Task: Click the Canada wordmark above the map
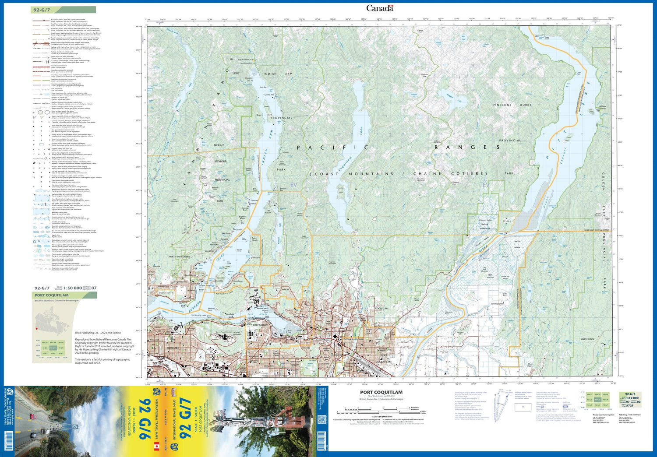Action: click(x=380, y=8)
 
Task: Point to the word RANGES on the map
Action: click(x=467, y=148)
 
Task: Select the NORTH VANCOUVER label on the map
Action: click(x=179, y=257)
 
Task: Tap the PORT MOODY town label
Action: click(x=260, y=325)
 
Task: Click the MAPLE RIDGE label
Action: click(x=587, y=339)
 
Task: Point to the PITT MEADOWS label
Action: click(x=498, y=304)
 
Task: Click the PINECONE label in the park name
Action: click(x=502, y=105)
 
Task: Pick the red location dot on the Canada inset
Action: click(x=37, y=329)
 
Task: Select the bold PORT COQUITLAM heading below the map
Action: click(x=381, y=393)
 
